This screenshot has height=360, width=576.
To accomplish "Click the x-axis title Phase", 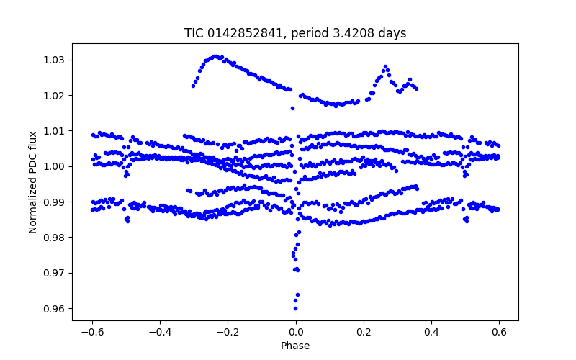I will [295, 346].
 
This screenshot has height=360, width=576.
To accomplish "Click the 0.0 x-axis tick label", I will [295, 332].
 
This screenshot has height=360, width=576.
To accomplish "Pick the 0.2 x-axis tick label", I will [364, 332].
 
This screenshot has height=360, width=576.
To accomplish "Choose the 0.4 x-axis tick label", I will [431, 332].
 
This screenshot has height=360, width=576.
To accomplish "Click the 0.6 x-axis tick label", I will [499, 332].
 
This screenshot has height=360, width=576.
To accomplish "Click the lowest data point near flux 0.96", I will [295, 308].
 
